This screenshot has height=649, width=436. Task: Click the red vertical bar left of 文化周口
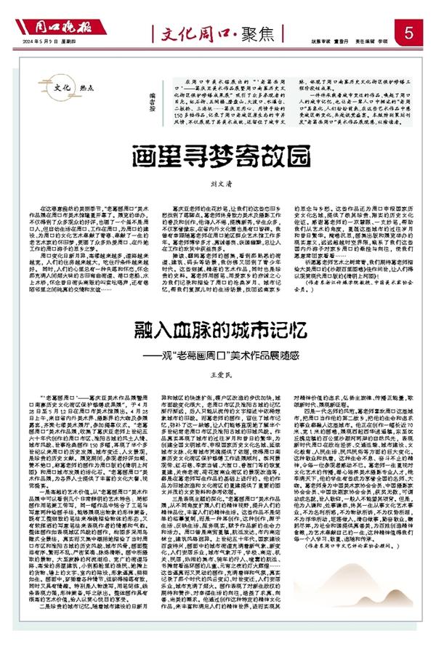[x=153, y=33]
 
